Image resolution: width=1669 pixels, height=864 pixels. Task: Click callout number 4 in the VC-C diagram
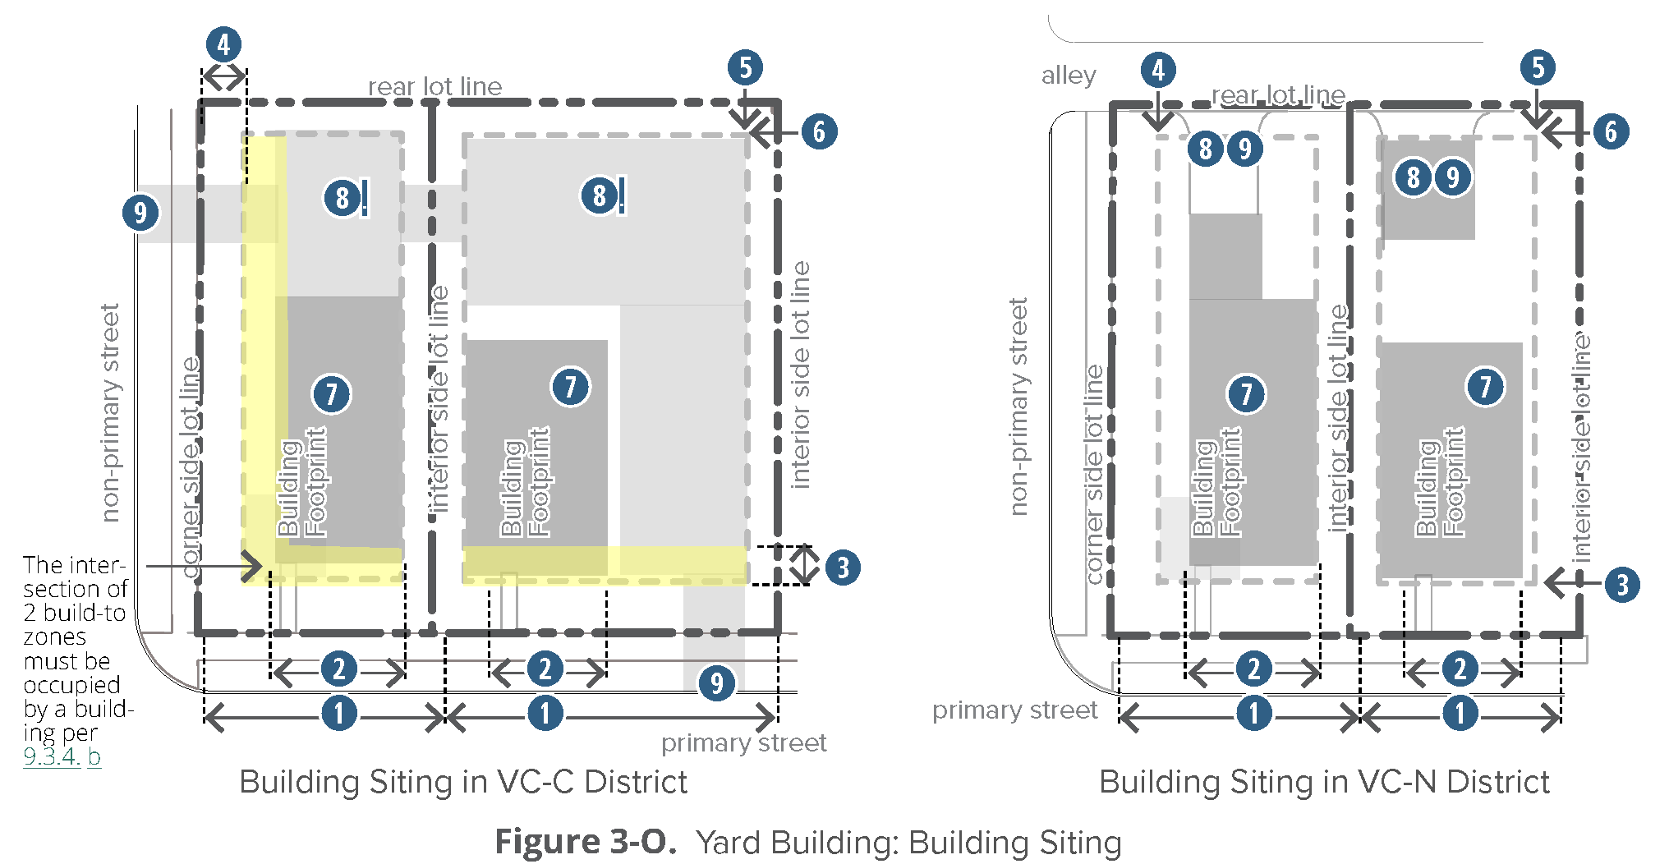coord(223,44)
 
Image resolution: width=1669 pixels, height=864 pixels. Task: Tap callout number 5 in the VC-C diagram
coord(745,67)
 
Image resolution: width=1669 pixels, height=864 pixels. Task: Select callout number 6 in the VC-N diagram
coord(1611,131)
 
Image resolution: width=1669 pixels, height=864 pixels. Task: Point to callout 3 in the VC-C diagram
coord(843,568)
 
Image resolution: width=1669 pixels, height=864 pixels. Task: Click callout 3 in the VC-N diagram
coord(1621,585)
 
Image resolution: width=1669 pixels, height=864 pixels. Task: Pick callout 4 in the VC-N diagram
coord(1158,70)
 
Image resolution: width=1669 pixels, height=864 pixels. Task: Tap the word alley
coord(1069,76)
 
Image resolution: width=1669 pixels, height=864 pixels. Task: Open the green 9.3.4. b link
coord(62,756)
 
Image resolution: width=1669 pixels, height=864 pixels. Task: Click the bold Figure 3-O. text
coord(586,842)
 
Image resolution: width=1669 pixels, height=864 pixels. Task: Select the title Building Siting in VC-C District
coord(463,782)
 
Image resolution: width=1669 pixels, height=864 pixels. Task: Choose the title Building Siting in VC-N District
coord(1324,782)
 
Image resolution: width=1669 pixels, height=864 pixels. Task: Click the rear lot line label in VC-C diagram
coord(434,86)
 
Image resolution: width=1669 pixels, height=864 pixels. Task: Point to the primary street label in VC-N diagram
coord(1014,710)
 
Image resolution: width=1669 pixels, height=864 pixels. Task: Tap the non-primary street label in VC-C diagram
coord(110,412)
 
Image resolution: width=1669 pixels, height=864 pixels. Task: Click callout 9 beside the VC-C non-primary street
coord(140,213)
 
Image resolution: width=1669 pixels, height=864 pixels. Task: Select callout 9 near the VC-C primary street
coord(717,682)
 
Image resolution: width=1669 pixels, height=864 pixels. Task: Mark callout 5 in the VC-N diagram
coord(1538,67)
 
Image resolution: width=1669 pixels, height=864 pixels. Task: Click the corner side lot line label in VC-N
coord(1094,475)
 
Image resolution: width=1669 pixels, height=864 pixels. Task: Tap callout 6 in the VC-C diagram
coord(819,131)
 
